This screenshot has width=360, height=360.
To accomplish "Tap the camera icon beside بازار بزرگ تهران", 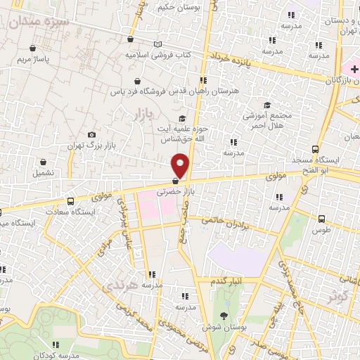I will (91, 134).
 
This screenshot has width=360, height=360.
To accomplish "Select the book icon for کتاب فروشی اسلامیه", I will (159, 44).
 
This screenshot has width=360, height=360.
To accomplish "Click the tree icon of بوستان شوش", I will (224, 314).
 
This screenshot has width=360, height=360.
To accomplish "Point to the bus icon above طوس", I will (321, 219).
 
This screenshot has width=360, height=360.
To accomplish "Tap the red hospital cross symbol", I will (346, 68).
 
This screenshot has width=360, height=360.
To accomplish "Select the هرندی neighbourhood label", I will (116, 286).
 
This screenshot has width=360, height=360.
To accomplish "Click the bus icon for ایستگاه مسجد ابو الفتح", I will (314, 149).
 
